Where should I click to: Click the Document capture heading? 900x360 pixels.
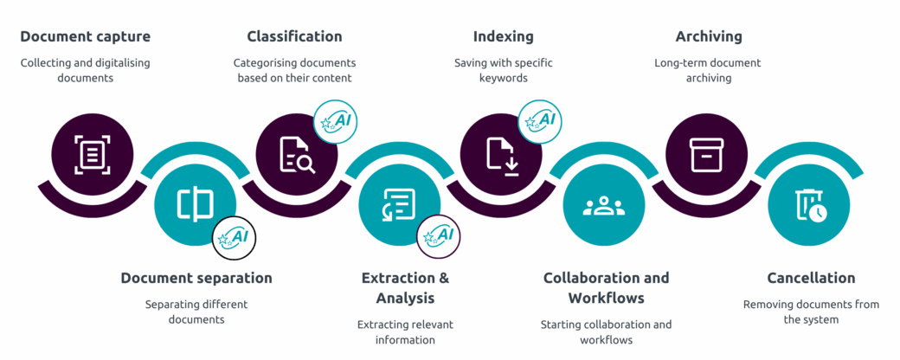[x=86, y=36]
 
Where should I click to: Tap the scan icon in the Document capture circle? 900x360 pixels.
[x=93, y=154]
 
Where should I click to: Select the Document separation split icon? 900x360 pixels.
[x=196, y=204]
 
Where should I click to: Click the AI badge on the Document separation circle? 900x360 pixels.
[x=235, y=238]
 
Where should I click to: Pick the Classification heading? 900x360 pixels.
[x=294, y=36]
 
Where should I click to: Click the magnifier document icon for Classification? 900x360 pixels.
[x=297, y=154]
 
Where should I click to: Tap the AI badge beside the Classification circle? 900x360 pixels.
[x=336, y=122]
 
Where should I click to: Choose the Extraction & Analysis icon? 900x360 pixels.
[x=398, y=205]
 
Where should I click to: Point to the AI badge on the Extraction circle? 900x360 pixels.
[x=439, y=236]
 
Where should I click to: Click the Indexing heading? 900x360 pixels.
[x=504, y=36]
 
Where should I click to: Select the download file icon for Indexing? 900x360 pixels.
[x=503, y=155]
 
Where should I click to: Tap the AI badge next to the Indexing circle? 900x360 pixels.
[x=541, y=122]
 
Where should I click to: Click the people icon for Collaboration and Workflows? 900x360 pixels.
[x=604, y=206]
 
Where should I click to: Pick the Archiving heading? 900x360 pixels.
[x=709, y=36]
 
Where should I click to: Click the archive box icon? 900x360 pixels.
[x=707, y=154]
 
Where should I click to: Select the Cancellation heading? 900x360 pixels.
[x=811, y=278]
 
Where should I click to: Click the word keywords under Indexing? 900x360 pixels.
[x=504, y=78]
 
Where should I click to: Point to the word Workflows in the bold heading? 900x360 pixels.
[x=606, y=298]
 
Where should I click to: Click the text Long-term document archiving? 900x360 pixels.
[x=708, y=70]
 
